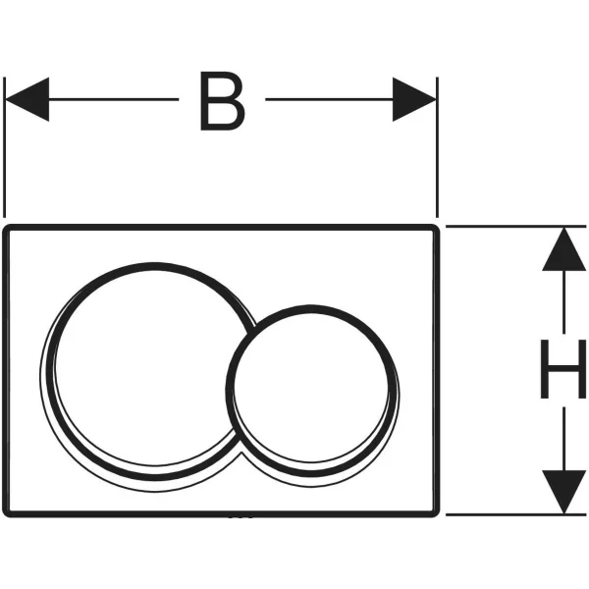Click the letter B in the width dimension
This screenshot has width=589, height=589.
tap(221, 101)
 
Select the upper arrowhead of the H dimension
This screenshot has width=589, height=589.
tap(563, 249)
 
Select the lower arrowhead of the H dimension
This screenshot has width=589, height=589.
tap(563, 491)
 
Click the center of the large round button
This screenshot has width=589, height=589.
tap(145, 371)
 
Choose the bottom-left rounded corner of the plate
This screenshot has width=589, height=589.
tap(11, 508)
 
